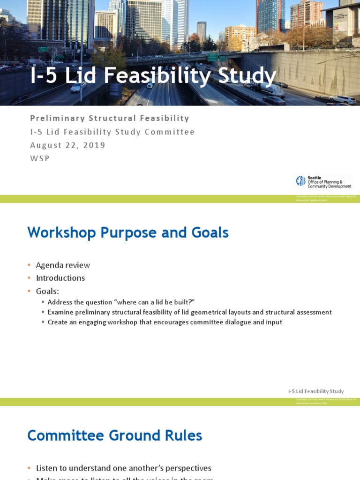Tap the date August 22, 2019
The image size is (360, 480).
(67, 145)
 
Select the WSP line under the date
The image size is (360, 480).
(40, 158)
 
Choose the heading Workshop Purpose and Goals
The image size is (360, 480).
(128, 232)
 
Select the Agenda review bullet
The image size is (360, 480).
(63, 265)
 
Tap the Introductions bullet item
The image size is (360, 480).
(60, 278)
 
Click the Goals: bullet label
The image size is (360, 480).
(47, 291)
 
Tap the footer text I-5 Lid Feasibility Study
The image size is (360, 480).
(315, 391)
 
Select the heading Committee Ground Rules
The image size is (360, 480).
(115, 436)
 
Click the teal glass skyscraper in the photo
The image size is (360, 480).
(270, 16)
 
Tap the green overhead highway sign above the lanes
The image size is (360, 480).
(212, 57)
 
